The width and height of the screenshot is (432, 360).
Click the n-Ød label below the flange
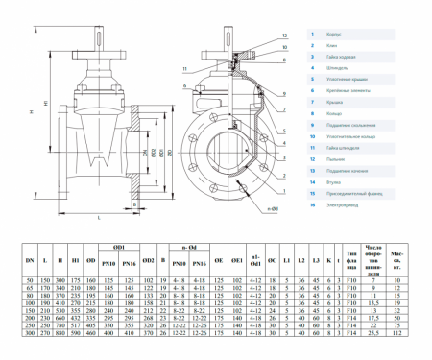pos(272,207)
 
